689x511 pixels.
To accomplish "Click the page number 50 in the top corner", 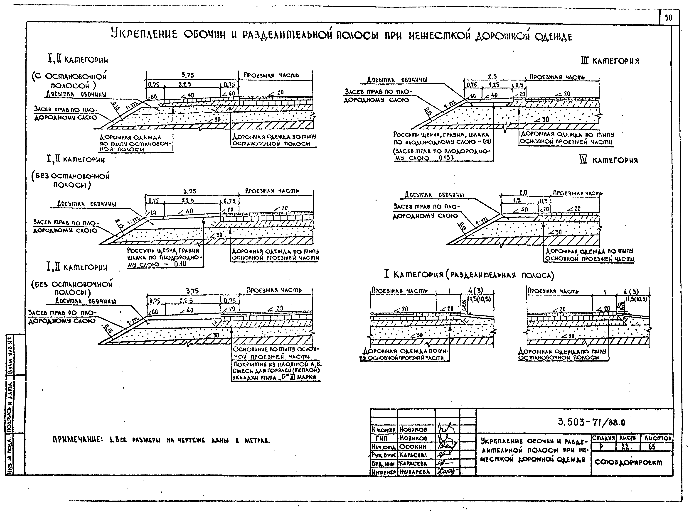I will click(669, 18).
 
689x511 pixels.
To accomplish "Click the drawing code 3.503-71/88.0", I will click(591, 422).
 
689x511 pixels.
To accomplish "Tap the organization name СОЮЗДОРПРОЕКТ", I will click(628, 463).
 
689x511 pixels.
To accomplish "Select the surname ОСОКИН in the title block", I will click(413, 447).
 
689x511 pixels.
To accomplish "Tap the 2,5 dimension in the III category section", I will click(492, 76).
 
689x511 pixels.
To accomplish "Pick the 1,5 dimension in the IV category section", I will click(517, 200).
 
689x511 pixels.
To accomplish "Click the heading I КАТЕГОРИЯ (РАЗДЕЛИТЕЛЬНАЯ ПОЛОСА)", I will click(469, 274).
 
